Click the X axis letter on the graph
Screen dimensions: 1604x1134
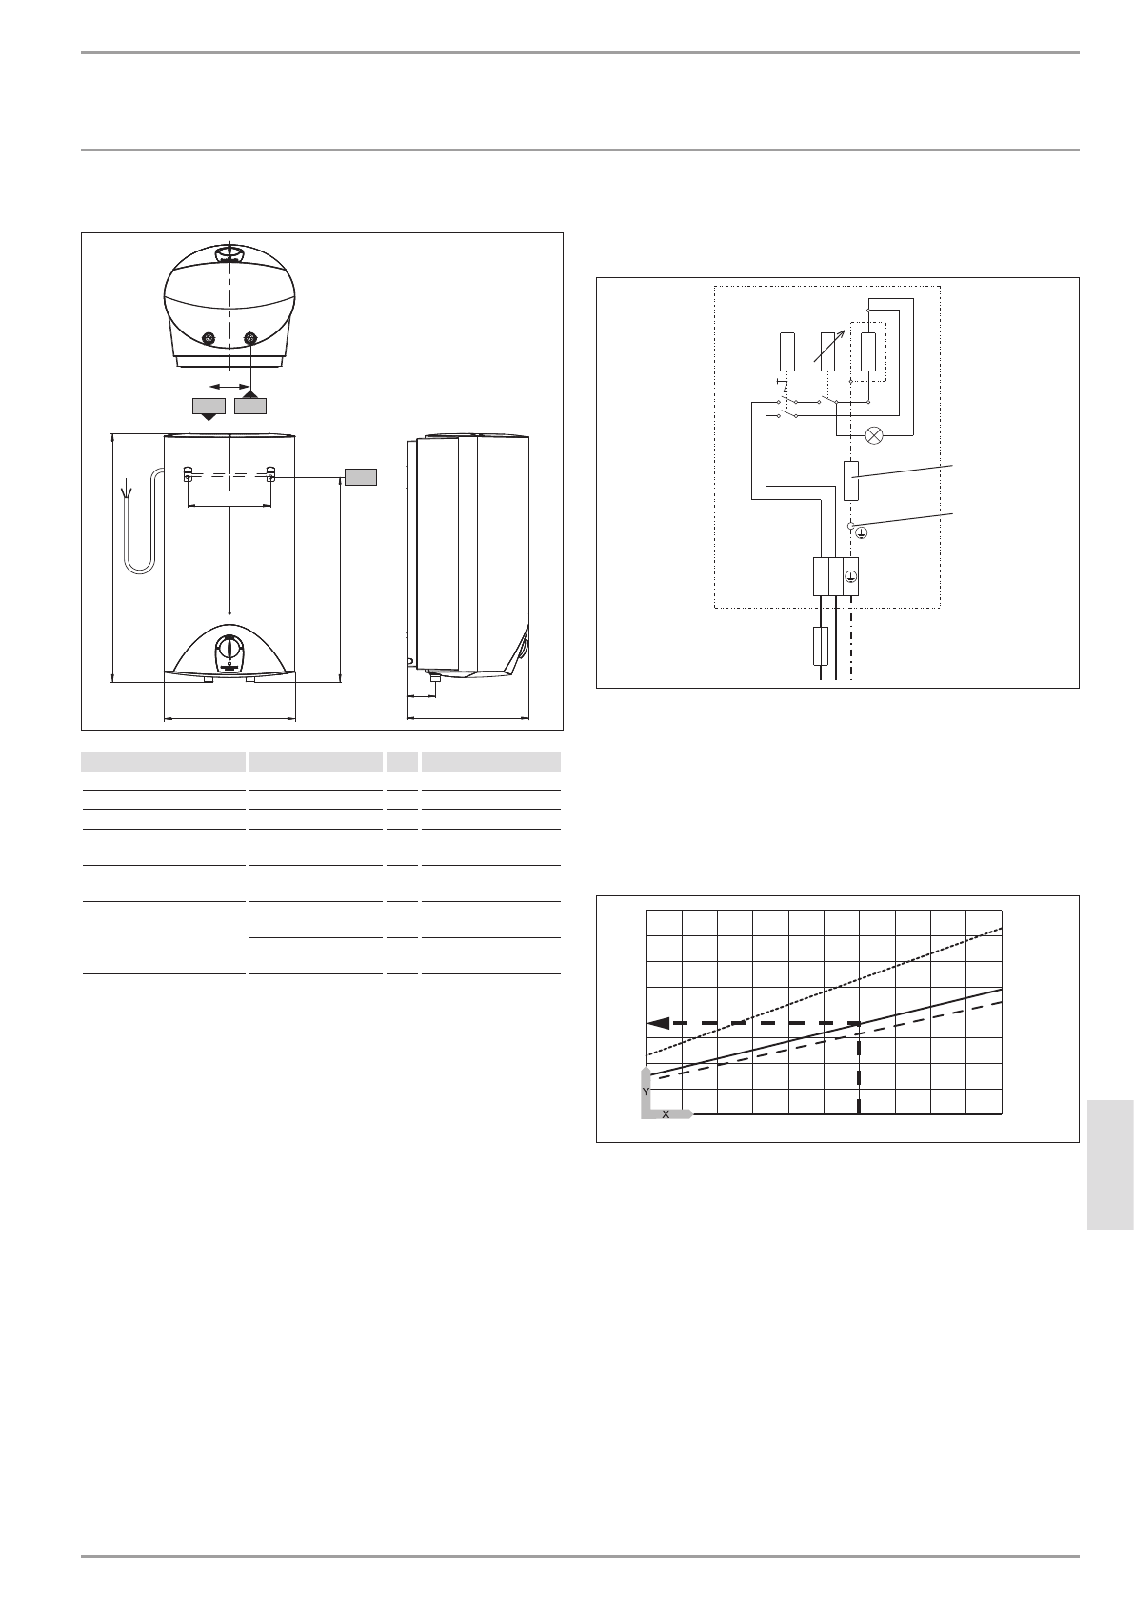(x=666, y=1113)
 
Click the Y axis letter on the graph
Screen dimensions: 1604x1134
(x=646, y=1091)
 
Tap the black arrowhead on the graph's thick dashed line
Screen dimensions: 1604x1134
(x=656, y=1023)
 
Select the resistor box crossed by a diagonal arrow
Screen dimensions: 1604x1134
(x=827, y=351)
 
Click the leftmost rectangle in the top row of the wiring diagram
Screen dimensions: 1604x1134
(x=786, y=351)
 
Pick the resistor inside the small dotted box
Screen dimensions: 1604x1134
(x=867, y=351)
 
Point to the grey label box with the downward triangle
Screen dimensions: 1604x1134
(x=209, y=406)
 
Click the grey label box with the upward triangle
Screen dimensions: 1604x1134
(x=250, y=405)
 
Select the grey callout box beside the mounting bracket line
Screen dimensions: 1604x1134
(x=361, y=476)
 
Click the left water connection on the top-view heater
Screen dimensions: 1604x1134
(x=209, y=337)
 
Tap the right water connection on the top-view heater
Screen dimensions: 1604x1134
(x=250, y=337)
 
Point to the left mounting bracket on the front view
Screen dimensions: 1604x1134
(x=188, y=473)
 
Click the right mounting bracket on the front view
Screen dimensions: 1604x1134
(x=271, y=473)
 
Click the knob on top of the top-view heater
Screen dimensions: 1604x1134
(x=229, y=253)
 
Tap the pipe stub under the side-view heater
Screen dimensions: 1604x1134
(x=435, y=678)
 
